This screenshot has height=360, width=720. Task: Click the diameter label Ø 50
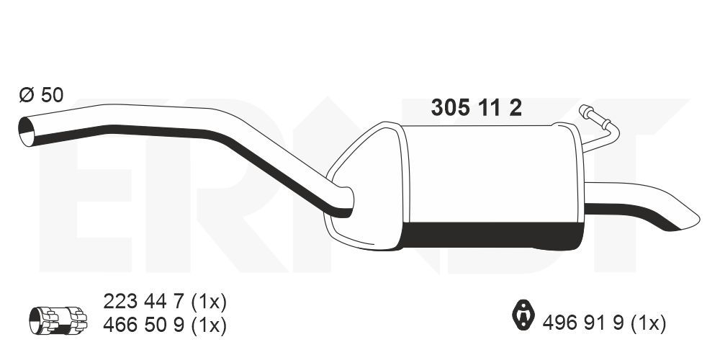[41, 95]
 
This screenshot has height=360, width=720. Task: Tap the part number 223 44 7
[145, 302]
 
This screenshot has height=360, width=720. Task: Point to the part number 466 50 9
[145, 325]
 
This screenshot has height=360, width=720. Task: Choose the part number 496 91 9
[583, 323]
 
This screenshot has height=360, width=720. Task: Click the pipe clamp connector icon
[58, 320]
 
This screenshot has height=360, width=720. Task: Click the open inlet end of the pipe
[26, 132]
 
